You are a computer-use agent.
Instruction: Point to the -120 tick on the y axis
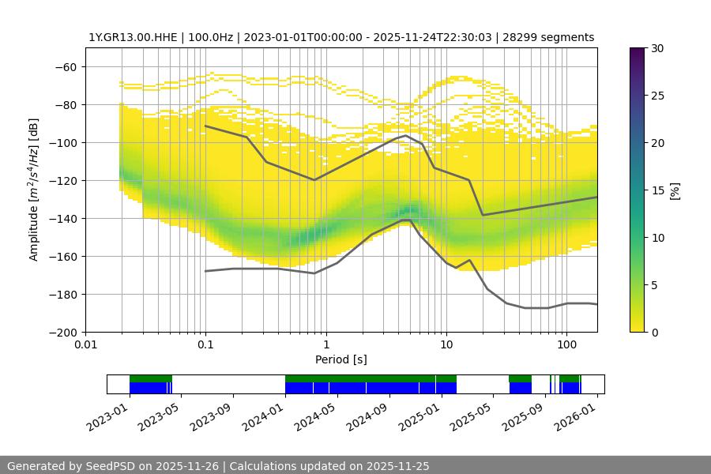click(x=64, y=180)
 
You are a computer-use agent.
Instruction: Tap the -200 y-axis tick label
click(x=64, y=332)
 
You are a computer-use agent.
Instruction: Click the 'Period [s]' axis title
click(x=340, y=359)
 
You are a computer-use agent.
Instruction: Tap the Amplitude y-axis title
click(x=34, y=190)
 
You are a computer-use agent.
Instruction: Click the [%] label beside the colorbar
click(x=675, y=190)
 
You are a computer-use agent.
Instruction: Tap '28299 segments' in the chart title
click(x=553, y=37)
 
